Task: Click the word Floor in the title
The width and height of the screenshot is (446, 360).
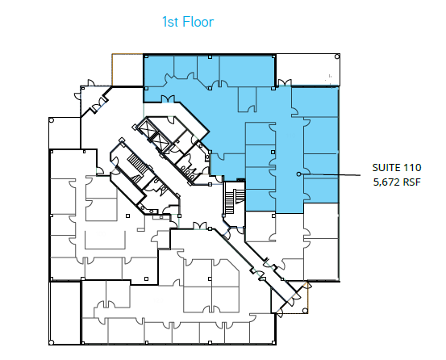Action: [x=197, y=22]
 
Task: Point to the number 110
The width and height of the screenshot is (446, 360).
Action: [x=415, y=167]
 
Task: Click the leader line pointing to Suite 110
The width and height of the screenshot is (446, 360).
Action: [x=331, y=174]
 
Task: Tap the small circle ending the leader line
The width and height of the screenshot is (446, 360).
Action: [x=298, y=174]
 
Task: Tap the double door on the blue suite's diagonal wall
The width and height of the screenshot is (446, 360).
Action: [x=170, y=99]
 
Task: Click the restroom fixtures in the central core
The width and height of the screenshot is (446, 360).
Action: [x=191, y=168]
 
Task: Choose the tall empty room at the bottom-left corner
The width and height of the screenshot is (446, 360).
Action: [x=65, y=312]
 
